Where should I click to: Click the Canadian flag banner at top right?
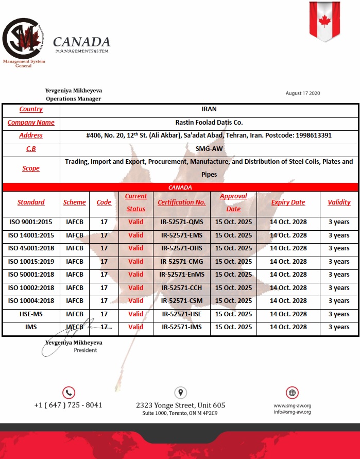click(x=324, y=21)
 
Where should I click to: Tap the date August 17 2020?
click(x=303, y=93)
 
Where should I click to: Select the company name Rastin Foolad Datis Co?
click(x=209, y=123)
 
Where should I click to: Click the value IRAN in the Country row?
click(x=209, y=109)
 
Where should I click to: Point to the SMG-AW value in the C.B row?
click(x=209, y=149)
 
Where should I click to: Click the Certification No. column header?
click(x=181, y=202)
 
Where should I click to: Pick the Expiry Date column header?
click(x=288, y=202)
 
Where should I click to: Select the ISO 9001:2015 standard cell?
click(x=31, y=222)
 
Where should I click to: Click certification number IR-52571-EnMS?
click(x=181, y=275)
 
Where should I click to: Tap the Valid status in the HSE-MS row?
click(x=136, y=314)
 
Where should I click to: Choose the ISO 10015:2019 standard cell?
click(x=31, y=261)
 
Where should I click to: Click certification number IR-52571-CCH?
click(x=181, y=287)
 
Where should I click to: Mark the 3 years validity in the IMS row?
click(x=339, y=327)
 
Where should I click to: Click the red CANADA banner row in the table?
click(x=180, y=188)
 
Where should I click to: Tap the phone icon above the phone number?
click(x=68, y=393)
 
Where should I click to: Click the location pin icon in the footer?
click(x=180, y=393)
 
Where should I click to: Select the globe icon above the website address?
click(x=293, y=393)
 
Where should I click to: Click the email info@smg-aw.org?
click(x=292, y=412)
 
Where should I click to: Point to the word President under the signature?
click(x=85, y=350)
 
